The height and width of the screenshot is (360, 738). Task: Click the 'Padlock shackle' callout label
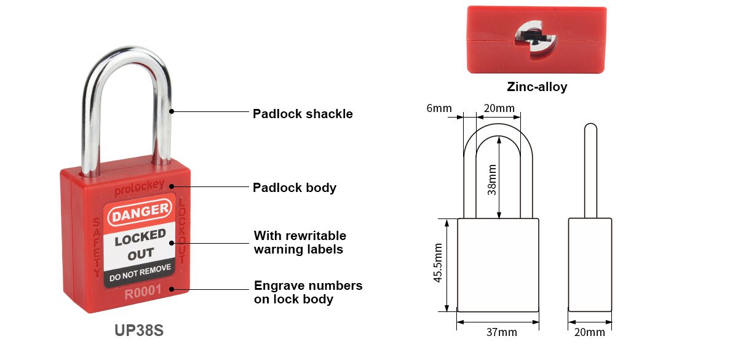coord(303,114)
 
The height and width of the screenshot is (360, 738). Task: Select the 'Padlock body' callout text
coord(295,188)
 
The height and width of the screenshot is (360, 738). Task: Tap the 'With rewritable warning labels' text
coord(300,242)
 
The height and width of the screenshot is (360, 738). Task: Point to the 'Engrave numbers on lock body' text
coord(308,292)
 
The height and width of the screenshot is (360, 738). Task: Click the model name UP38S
coord(139,330)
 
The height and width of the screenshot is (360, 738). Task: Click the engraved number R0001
coord(143,292)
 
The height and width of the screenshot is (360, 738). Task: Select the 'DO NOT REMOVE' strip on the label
coord(140,273)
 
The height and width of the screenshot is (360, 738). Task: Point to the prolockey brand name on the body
coord(139,188)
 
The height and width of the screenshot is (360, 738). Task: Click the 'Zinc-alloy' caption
coord(537,87)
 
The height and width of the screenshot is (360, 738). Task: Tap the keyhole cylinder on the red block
coord(536,40)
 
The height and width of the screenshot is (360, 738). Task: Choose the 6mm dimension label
coord(439,108)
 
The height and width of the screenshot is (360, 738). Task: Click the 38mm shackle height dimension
coord(491,180)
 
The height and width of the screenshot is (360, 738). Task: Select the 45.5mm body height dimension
coord(437,263)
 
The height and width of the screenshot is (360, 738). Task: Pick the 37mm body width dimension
coord(501,332)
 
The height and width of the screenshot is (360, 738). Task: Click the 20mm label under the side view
coord(589,332)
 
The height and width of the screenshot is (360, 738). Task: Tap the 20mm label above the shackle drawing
coord(499,108)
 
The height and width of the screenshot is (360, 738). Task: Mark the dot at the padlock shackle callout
coord(172,111)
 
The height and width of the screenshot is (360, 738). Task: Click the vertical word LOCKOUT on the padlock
coord(182,231)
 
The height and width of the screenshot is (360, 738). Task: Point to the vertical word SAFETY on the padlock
coord(97,247)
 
